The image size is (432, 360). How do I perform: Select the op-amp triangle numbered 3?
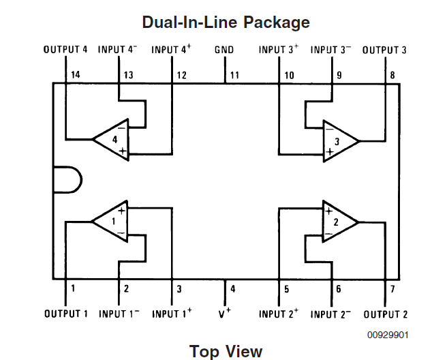339,140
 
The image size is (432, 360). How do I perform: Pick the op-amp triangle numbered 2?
339,222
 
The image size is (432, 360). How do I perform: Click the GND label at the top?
224,50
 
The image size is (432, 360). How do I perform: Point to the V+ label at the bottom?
225,314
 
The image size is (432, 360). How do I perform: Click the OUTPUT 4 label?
65,50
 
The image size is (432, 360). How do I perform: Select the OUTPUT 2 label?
386,314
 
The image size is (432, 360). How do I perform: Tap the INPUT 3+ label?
279,50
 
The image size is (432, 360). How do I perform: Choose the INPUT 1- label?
119,314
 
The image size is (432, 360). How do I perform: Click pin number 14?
76,75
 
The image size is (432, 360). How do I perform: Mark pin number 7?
392,289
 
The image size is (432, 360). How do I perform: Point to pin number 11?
234,75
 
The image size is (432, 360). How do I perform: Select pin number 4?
233,289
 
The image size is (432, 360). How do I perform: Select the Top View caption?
226,351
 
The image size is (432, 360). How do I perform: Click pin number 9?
339,75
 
